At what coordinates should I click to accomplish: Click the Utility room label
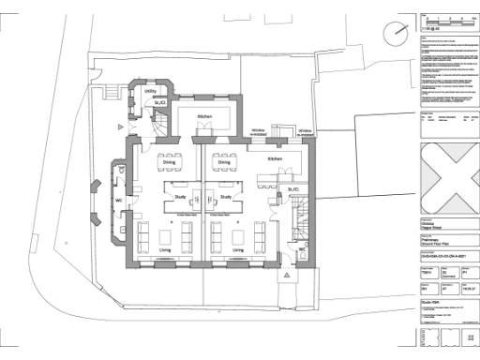pos(150,91)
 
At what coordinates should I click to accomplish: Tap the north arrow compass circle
pos(397,32)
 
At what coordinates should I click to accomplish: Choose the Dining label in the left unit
pos(170,161)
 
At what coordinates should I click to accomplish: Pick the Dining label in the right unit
pos(224,161)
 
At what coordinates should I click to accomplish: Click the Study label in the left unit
pos(179,197)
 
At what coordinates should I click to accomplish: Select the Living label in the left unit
pos(165,251)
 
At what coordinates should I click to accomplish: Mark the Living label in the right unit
pos(238,251)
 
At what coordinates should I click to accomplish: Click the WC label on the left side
pos(119,200)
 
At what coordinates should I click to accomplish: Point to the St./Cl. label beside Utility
pos(161,101)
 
